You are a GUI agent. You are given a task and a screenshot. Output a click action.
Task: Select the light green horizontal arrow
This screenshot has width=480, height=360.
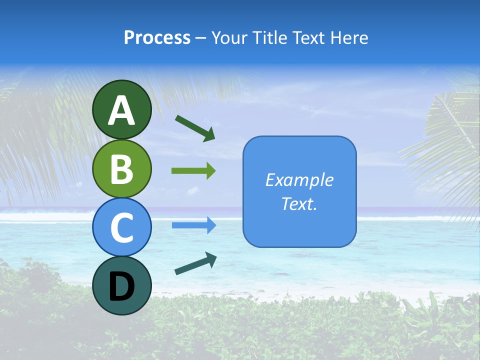point(193,170)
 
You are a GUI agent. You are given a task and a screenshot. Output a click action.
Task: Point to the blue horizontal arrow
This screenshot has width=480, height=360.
point(193,225)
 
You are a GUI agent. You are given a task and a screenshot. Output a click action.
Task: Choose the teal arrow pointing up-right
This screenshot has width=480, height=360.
point(195,263)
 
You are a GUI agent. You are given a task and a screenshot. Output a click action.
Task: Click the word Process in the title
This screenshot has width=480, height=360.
point(157,38)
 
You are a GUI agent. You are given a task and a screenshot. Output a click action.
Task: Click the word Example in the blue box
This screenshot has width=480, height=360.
point(299,180)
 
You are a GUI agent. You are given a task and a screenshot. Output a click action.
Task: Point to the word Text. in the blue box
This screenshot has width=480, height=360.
point(299,203)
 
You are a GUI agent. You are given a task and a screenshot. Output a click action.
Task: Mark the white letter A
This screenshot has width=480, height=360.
point(122,110)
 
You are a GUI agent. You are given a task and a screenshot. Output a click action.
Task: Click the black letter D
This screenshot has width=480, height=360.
point(122,286)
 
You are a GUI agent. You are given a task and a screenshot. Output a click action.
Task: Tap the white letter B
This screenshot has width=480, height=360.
point(122,168)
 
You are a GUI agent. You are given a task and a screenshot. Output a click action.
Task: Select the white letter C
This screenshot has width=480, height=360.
point(122,227)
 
